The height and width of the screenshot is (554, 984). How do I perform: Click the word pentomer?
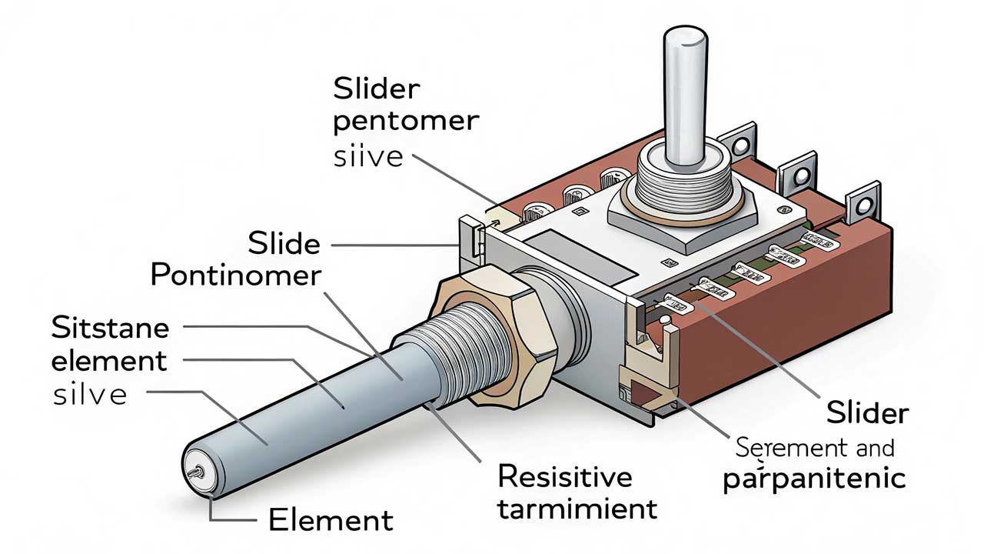pyautogui.click(x=406, y=123)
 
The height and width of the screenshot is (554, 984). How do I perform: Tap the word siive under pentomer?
pyautogui.click(x=368, y=157)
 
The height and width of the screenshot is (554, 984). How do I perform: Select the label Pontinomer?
pyautogui.click(x=235, y=275)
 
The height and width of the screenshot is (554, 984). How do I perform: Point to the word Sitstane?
pyautogui.click(x=109, y=328)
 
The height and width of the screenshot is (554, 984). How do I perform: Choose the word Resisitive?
pyautogui.click(x=565, y=476)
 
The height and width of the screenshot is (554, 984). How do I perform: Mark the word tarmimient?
pyautogui.click(x=577, y=509)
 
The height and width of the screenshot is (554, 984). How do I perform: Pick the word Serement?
pyautogui.click(x=786, y=447)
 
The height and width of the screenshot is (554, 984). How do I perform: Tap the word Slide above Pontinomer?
pyautogui.click(x=284, y=244)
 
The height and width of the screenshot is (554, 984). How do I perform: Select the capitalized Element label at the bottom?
pyautogui.click(x=331, y=520)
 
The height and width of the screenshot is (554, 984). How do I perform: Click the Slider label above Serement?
pyautogui.click(x=867, y=413)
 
